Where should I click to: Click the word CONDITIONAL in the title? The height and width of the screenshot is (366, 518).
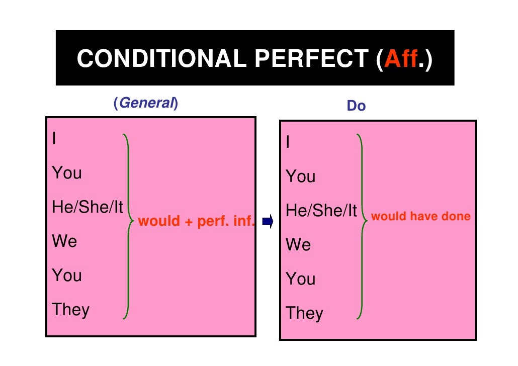click(161, 59)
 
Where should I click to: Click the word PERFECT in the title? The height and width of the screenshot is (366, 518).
click(312, 59)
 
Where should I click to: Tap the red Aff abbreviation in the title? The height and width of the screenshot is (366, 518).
click(401, 59)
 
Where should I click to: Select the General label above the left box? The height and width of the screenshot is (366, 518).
click(146, 103)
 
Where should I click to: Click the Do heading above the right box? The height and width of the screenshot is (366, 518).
click(356, 107)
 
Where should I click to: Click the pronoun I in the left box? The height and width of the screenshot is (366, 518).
click(54, 139)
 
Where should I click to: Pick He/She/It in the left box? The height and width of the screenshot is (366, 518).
click(88, 207)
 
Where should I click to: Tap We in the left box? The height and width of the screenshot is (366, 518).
click(64, 241)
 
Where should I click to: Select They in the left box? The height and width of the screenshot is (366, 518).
click(70, 310)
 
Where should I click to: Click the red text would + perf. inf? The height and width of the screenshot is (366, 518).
click(197, 221)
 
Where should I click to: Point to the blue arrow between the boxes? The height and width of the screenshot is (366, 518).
click(267, 221)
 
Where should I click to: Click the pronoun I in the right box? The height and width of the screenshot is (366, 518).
click(288, 142)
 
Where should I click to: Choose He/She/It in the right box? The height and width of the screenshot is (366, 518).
click(321, 211)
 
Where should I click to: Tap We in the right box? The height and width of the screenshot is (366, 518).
click(298, 245)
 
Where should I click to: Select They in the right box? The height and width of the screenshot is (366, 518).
click(304, 313)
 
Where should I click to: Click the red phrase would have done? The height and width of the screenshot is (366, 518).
click(420, 217)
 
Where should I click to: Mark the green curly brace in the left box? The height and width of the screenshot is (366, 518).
click(128, 226)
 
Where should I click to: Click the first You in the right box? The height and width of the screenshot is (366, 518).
click(301, 176)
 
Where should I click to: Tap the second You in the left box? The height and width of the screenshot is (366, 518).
click(67, 276)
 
